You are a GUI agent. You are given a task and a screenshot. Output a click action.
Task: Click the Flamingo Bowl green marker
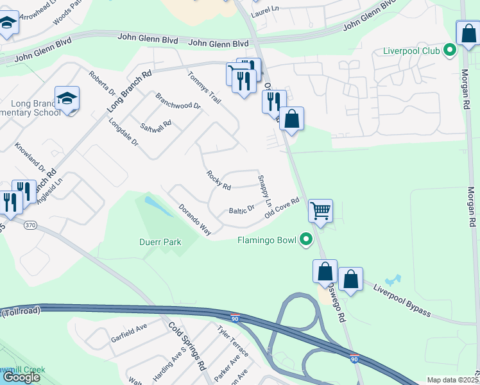[306, 240]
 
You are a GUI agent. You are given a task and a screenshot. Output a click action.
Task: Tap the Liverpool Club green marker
[450, 49]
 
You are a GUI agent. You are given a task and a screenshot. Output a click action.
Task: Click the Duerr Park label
[160, 243]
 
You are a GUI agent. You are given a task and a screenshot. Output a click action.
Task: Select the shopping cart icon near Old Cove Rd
[320, 210]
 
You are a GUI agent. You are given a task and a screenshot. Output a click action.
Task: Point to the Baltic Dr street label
[242, 209]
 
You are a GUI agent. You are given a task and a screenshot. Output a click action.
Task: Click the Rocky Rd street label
[218, 180]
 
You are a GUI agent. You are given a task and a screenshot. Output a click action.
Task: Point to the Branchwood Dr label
[178, 101]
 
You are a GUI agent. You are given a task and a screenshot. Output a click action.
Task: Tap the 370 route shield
[30, 225]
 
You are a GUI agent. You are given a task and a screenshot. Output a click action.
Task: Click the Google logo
[21, 377]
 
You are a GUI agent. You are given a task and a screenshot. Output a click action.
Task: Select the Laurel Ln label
[270, 11]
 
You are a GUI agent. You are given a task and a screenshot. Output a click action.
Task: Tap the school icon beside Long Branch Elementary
[67, 99]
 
